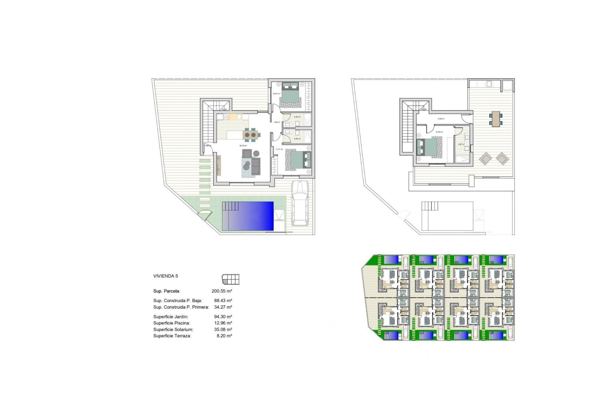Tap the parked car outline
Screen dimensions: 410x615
pyautogui.click(x=300, y=203)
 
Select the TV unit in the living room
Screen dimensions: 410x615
pyautogui.click(x=219, y=165)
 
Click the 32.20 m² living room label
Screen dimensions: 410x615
pyautogui.click(x=243, y=146)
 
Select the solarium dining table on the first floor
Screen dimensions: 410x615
pyautogui.click(x=496, y=119)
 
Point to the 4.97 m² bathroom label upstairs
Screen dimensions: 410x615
pyautogui.click(x=461, y=144)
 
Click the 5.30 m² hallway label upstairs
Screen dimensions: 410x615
pyautogui.click(x=441, y=119)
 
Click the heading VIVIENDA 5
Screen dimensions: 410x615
pyautogui.click(x=166, y=276)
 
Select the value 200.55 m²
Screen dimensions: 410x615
pyautogui.click(x=222, y=291)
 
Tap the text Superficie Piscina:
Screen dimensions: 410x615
pyautogui.click(x=172, y=323)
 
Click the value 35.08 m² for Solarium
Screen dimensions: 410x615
pyautogui.click(x=223, y=330)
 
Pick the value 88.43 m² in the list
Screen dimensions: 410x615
pyautogui.click(x=223, y=301)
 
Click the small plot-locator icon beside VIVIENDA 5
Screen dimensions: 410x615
pyautogui.click(x=231, y=279)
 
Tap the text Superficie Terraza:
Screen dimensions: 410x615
pyautogui.click(x=172, y=336)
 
